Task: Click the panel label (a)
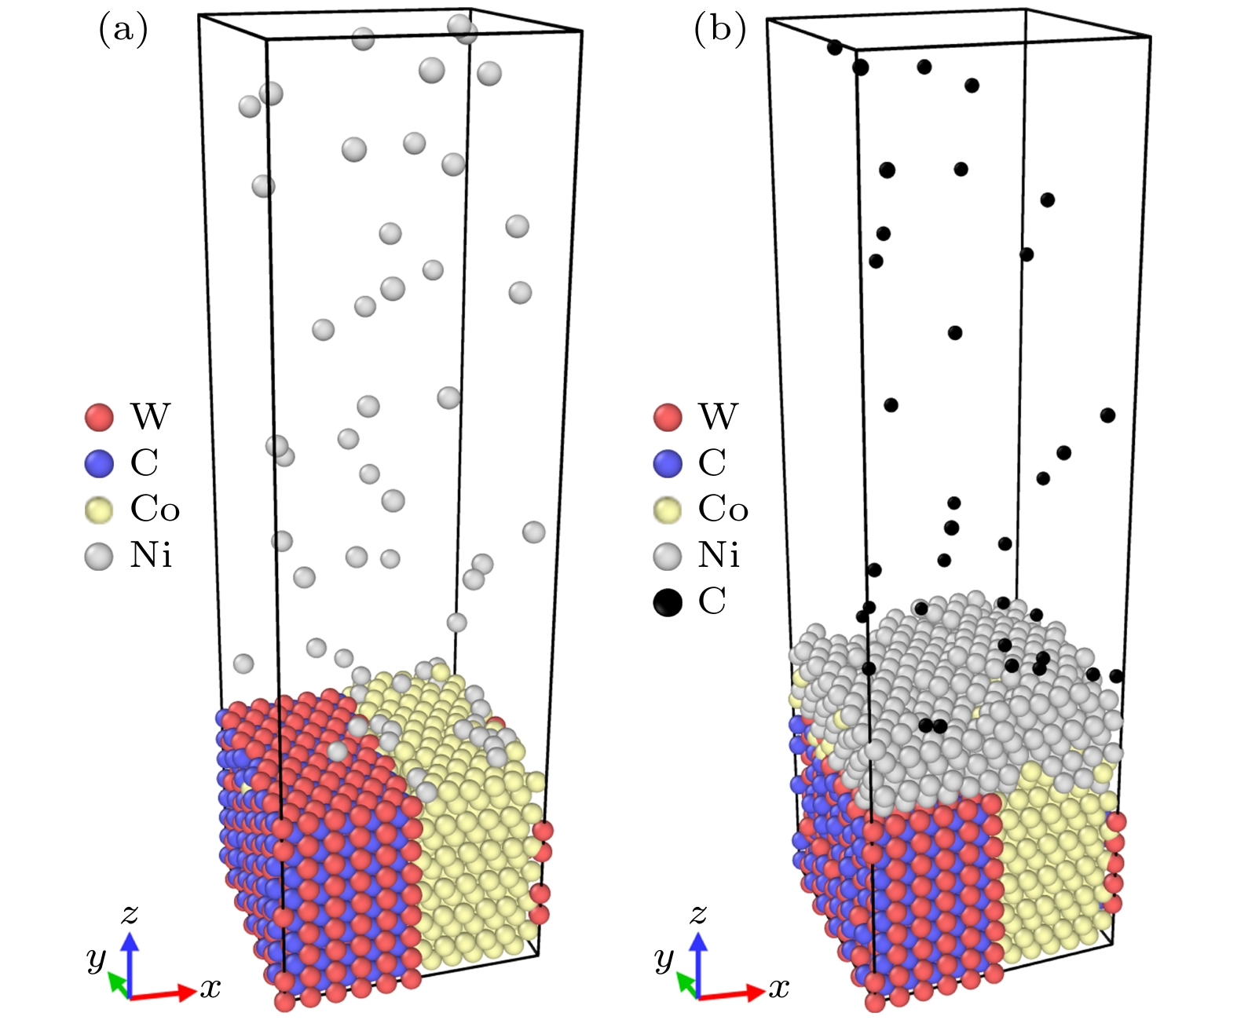123,31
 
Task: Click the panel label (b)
719,31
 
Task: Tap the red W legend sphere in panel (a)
99,416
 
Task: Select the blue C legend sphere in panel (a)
99,462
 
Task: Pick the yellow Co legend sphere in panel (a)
99,509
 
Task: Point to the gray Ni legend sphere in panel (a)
99,555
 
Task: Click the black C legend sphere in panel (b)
668,601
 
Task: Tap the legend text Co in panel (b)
723,509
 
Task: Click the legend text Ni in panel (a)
151,555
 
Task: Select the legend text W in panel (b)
718,416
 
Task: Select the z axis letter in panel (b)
698,914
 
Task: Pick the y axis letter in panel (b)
664,959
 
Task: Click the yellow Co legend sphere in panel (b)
668,509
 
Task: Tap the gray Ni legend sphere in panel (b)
668,555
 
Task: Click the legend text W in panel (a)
150,416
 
